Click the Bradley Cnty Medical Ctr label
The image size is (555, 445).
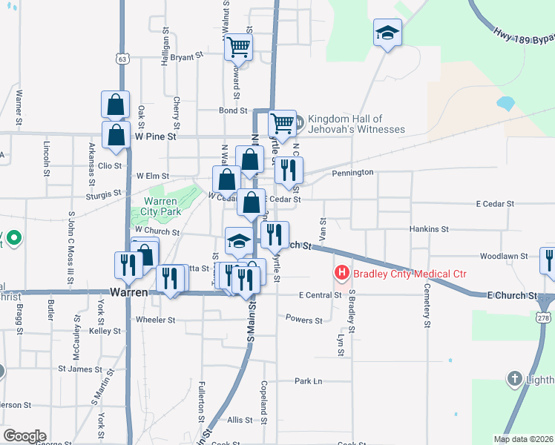pos(410,274)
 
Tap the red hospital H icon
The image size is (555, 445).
pos(342,274)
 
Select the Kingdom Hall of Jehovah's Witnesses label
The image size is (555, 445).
pos(356,124)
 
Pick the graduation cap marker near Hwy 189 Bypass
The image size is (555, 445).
pos(387,33)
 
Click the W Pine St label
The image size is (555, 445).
pos(156,136)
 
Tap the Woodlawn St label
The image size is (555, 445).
pos(503,256)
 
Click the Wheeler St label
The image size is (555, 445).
pos(155,320)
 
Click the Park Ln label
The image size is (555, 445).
pos(308,381)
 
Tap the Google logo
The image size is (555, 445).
pos(24,436)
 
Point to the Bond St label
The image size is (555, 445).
pos(232,111)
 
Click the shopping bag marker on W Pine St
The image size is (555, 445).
pos(116,135)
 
